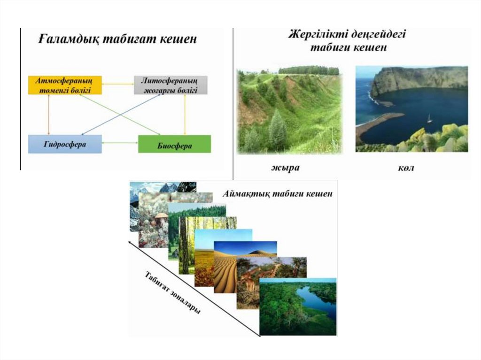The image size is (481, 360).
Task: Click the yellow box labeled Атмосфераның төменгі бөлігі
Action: point(65,85)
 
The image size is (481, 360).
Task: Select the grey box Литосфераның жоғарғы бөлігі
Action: point(171,85)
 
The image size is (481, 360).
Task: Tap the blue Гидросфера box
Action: point(65,144)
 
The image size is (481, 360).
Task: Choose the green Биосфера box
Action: point(174,144)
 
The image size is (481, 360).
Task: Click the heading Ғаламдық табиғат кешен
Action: point(117,40)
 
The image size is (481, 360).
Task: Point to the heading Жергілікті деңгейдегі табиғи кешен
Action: point(348,41)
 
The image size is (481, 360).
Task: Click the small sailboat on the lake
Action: point(429,118)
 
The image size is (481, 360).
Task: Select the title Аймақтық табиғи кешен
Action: point(278,193)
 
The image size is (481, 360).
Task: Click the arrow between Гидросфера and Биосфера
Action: point(120,143)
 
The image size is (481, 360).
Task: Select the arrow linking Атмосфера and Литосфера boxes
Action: point(118,84)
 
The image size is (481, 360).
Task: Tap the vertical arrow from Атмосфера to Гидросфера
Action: point(48,115)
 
